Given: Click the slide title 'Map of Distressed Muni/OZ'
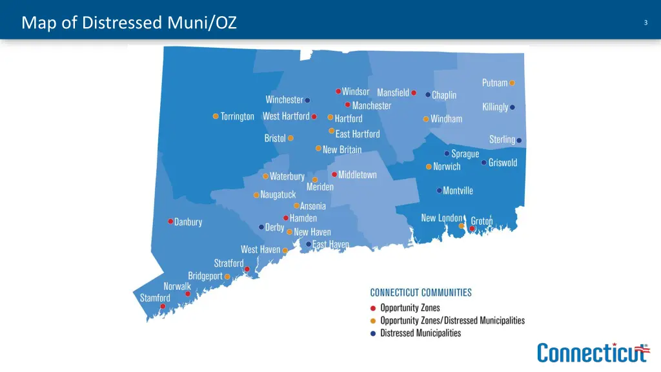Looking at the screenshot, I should click(129, 23).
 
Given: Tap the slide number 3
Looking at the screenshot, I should click(646, 23).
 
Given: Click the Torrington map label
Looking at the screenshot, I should click(237, 117).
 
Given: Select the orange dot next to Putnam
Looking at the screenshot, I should click(512, 83).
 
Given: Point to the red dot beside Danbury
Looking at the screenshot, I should click(170, 221).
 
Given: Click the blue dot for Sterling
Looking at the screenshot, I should click(519, 140).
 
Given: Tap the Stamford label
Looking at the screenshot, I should click(156, 298).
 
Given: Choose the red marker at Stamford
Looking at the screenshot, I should click(163, 306).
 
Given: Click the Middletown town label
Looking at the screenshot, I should click(357, 175).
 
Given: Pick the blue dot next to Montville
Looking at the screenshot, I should click(439, 191).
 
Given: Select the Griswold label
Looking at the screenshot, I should click(503, 163).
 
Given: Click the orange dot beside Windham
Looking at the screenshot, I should click(426, 119).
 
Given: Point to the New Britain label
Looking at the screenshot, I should click(342, 149).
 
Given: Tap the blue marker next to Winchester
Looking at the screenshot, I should click(307, 100).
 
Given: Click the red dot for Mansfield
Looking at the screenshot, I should click(414, 92).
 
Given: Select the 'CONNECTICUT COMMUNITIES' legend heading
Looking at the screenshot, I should click(420, 293).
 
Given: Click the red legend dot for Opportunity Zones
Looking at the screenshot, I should click(373, 307).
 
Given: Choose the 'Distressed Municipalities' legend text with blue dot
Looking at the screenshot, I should click(420, 333).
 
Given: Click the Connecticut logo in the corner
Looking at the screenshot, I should click(593, 353).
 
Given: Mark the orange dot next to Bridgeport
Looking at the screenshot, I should click(227, 276).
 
